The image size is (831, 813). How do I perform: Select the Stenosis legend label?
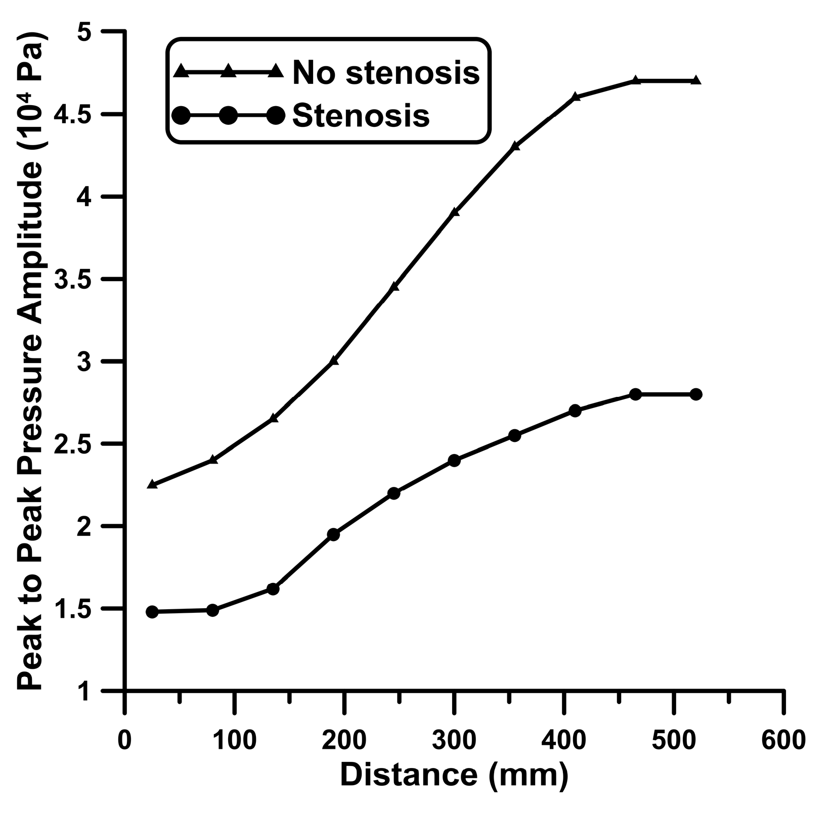[361, 115]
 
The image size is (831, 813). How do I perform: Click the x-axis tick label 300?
[454, 740]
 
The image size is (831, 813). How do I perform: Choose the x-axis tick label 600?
[783, 740]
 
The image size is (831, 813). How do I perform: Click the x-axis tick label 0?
[124, 740]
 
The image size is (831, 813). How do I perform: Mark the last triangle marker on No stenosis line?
[696, 80]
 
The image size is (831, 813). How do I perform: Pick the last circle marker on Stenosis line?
[696, 394]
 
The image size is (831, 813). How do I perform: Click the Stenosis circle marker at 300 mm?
[454, 461]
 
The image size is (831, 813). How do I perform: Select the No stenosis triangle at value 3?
[333, 361]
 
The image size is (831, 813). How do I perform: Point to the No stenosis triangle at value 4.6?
[575, 97]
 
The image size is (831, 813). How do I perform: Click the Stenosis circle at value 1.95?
[333, 535]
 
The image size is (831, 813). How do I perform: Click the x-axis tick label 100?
[234, 740]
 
